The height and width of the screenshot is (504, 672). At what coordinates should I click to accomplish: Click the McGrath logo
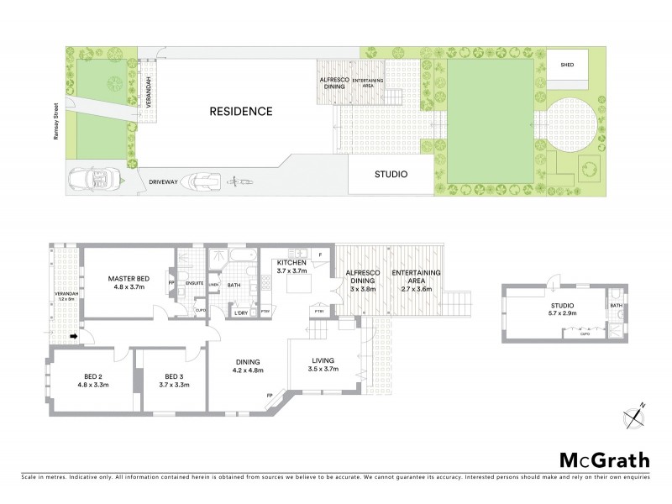click(x=603, y=459)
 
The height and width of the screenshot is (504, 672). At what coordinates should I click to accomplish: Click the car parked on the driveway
click(x=92, y=179)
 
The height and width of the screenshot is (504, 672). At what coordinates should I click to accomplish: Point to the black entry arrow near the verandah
click(x=73, y=337)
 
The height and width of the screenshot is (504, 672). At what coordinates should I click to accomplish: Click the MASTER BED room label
click(x=131, y=283)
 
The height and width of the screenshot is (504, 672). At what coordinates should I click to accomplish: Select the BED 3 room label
click(x=174, y=375)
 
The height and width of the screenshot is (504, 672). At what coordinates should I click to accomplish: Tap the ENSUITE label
click(x=195, y=283)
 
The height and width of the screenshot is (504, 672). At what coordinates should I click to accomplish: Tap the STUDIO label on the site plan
click(x=391, y=175)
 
